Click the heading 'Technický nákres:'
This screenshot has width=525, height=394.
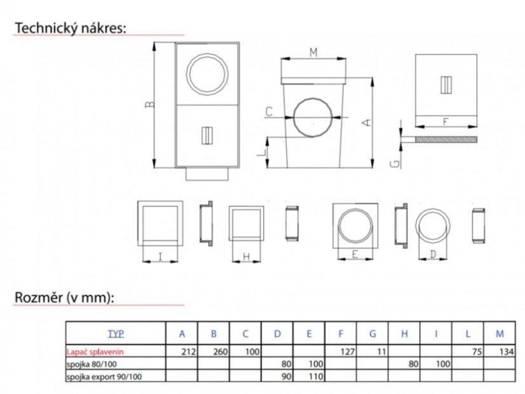tap(71, 28)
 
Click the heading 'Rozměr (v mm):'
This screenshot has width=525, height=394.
tap(64, 297)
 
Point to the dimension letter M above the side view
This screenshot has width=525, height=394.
tap(313, 53)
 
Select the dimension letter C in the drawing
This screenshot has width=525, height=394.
tap(269, 112)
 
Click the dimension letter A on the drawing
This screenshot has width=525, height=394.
tap(367, 123)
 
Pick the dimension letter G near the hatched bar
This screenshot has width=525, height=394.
tap(395, 164)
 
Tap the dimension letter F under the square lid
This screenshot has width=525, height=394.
tap(446, 121)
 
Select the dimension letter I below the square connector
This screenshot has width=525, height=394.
tap(160, 257)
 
